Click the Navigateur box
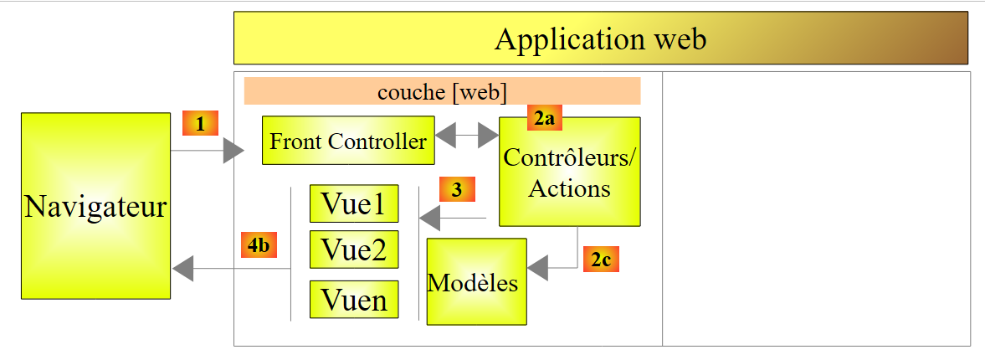[x=95, y=206]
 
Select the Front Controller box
[x=348, y=141]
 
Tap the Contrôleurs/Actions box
[x=569, y=172]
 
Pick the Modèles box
[x=476, y=282]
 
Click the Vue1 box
[x=354, y=203]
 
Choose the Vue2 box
[x=354, y=249]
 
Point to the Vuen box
[x=354, y=299]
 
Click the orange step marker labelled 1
[x=200, y=124]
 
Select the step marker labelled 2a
[x=543, y=118]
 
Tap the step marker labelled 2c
[x=600, y=260]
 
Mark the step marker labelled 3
[x=456, y=189]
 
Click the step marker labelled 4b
[x=259, y=245]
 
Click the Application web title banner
[x=600, y=39]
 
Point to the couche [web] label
[x=442, y=91]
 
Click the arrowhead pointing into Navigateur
[x=182, y=269]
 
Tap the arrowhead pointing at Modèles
[x=537, y=268]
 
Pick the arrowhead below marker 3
[x=429, y=219]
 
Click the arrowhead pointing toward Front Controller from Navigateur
[x=233, y=152]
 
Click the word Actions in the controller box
[x=569, y=188]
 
